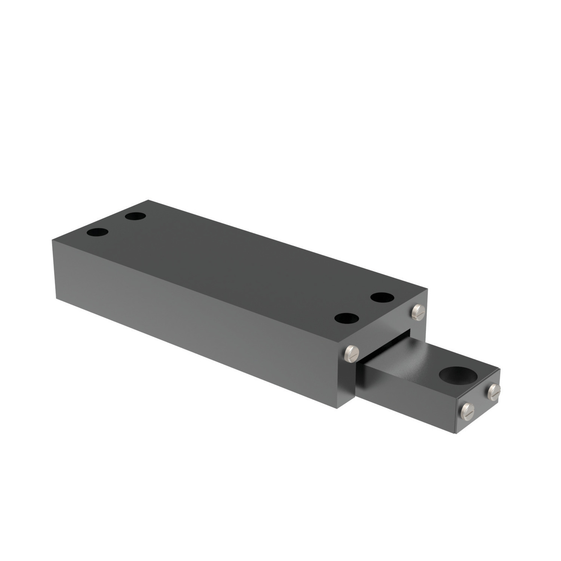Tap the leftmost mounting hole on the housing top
click(x=97, y=232)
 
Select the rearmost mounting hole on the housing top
click(x=136, y=216)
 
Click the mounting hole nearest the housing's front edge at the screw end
click(x=347, y=319)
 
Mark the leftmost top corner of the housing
click(x=51, y=242)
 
